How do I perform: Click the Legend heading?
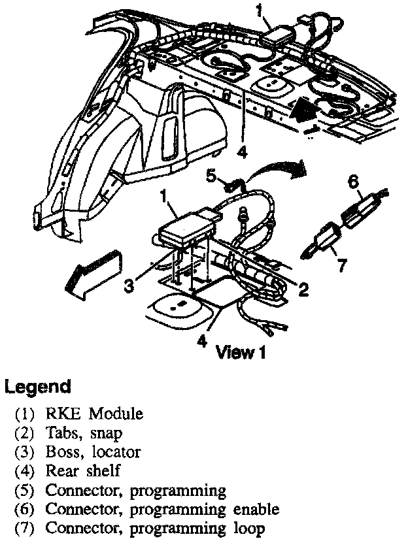(38, 386)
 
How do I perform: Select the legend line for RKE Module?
(84, 414)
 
